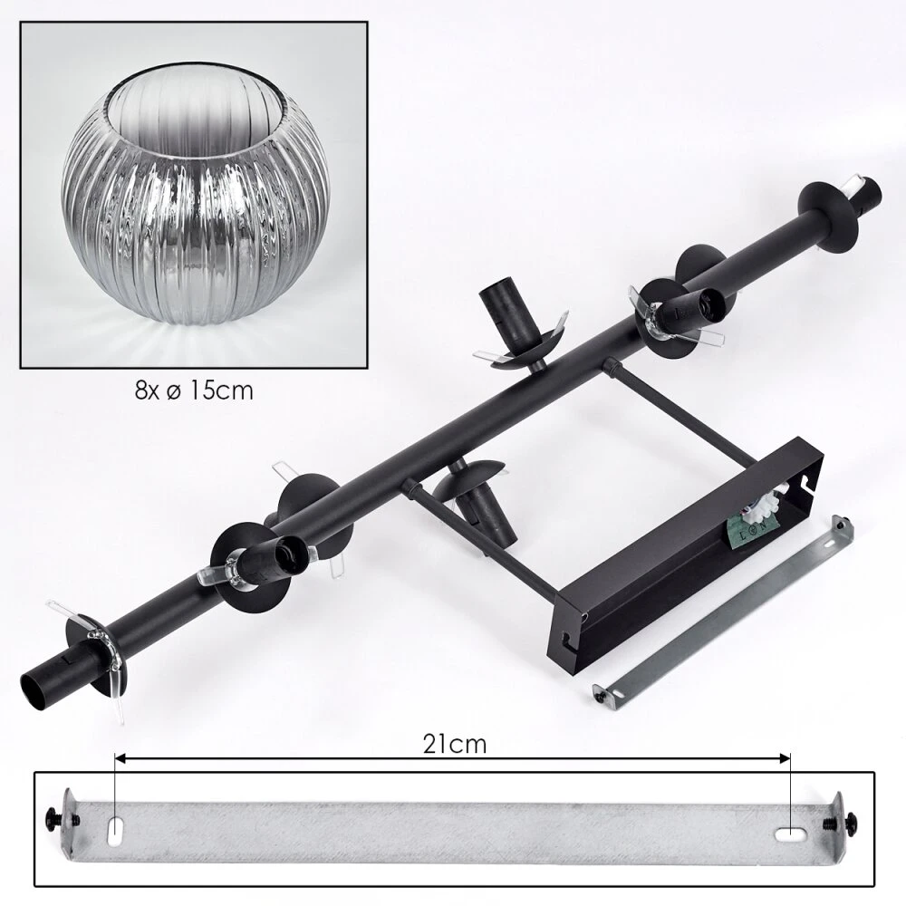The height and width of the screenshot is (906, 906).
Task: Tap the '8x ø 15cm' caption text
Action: (x=194, y=391)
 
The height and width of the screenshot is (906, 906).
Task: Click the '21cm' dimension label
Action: (x=455, y=745)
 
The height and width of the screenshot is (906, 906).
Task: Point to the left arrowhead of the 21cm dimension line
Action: (x=120, y=758)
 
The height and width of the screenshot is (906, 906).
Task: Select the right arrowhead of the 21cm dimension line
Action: (x=785, y=758)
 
